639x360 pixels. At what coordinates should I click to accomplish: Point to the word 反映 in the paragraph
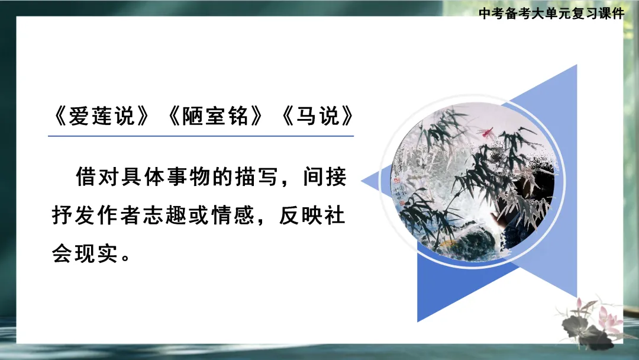[x=302, y=216]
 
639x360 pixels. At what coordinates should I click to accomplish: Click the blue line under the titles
[x=201, y=136]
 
